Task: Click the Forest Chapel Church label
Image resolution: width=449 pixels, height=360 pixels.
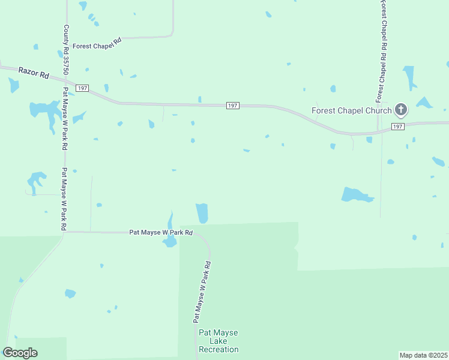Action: [x=351, y=110]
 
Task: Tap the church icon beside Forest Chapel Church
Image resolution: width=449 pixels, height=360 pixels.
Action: [x=401, y=110]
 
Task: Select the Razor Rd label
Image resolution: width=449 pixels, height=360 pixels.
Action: [x=33, y=74]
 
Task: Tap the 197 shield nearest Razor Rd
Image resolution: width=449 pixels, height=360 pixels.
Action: [x=83, y=88]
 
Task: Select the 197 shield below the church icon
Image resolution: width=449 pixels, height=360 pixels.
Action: [x=397, y=127]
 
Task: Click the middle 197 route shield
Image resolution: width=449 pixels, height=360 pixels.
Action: [x=234, y=106]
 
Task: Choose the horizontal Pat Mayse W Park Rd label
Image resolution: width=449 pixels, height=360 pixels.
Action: [x=161, y=232]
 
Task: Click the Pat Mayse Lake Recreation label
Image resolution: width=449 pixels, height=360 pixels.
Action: [x=218, y=341]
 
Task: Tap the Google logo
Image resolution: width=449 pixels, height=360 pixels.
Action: [x=20, y=353]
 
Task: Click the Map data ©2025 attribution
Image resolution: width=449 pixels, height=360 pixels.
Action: [x=423, y=355]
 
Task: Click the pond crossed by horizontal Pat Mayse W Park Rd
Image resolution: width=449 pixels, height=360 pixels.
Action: [x=170, y=240]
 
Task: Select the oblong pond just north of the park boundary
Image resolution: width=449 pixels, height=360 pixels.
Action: [x=202, y=212]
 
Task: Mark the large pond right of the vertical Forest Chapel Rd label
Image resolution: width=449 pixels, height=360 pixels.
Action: [x=409, y=77]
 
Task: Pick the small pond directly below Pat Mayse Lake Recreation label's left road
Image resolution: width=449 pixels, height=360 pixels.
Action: [x=70, y=293]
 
